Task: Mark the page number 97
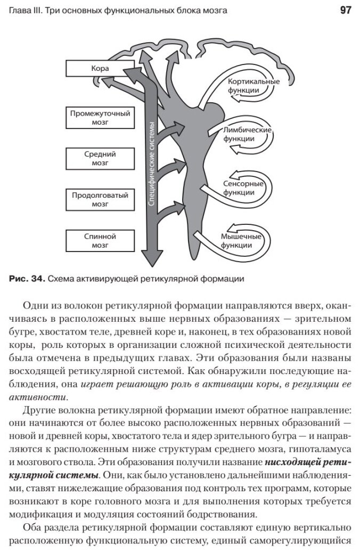[345, 11]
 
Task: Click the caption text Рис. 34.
[26, 278]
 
